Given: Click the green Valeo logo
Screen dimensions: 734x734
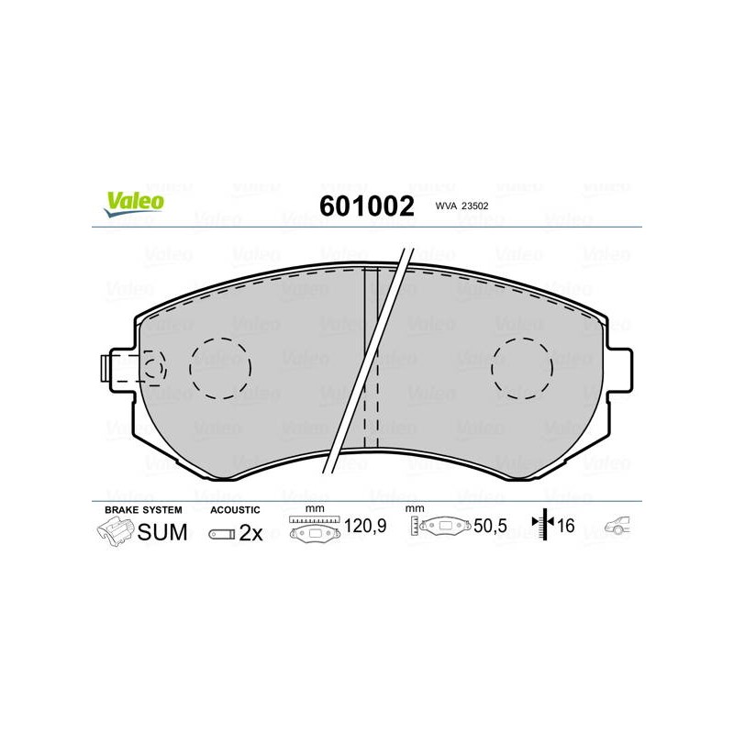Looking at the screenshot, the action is tap(134, 204).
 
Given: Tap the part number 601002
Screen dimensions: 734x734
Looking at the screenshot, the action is tap(366, 206).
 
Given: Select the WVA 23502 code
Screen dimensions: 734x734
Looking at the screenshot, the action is tap(462, 206).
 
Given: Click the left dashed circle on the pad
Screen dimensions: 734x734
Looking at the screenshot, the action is tap(220, 369).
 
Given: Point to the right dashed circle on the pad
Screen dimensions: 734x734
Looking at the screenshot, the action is tap(522, 369).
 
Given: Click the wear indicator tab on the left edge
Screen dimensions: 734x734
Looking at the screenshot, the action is tap(106, 368).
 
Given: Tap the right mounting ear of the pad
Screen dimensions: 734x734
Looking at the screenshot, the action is tap(619, 370).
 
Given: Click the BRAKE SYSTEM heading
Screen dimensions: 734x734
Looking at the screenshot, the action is tap(143, 510).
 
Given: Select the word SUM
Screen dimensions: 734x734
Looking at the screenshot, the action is tap(162, 532).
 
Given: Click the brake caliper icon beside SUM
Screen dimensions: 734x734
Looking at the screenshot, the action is tap(116, 531).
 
